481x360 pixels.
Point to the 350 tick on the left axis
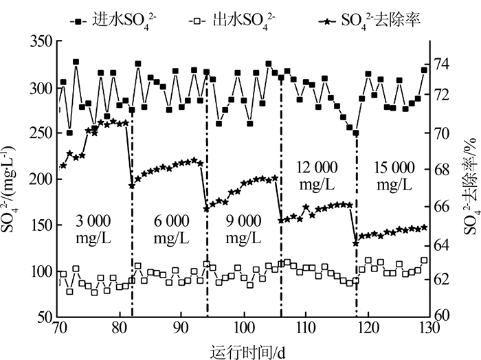[41, 43]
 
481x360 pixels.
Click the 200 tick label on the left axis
[41, 179]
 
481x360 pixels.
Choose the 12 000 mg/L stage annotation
[317, 176]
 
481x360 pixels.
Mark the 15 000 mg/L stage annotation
[394, 176]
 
